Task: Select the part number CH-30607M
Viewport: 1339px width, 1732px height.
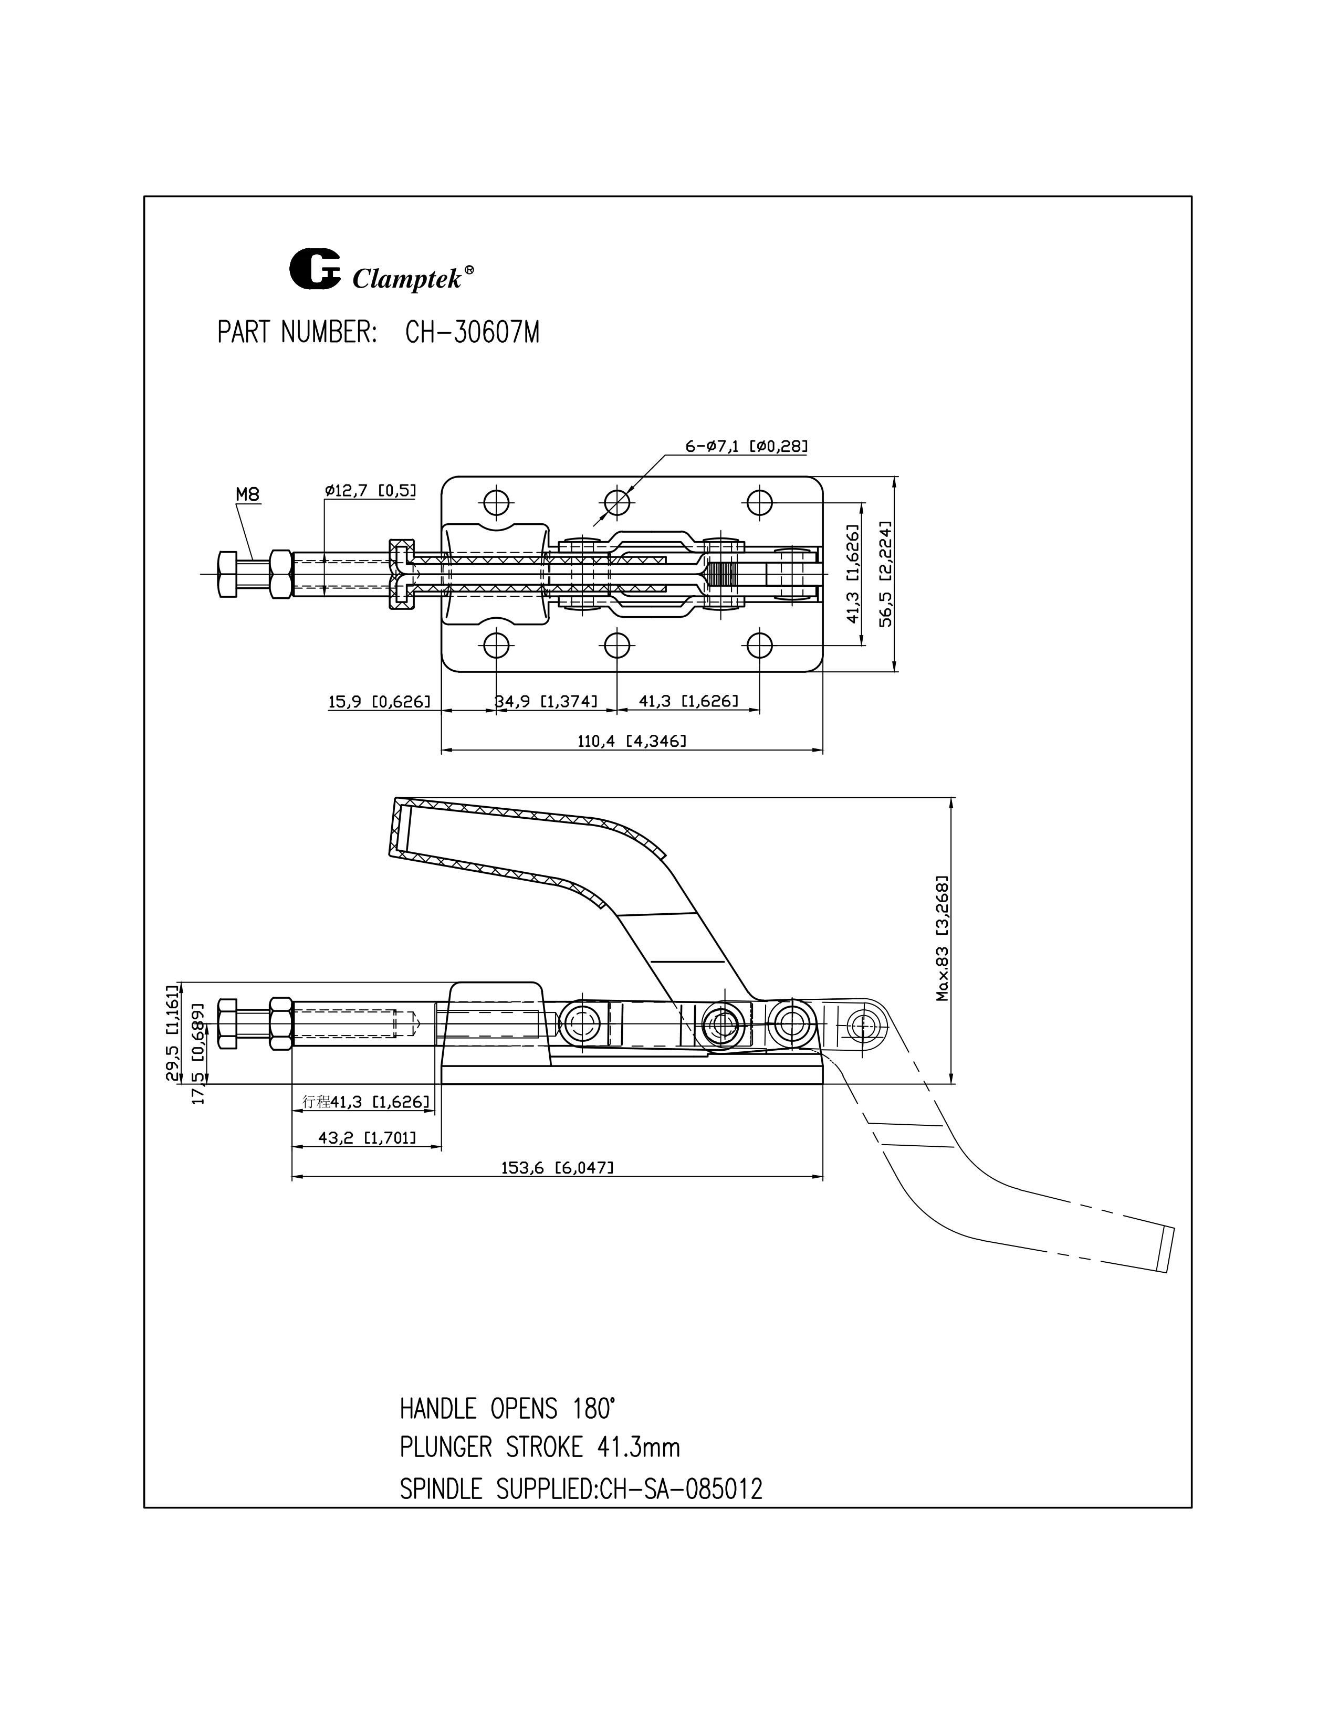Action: [472, 333]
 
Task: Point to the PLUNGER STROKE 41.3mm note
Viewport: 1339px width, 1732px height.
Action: [539, 1448]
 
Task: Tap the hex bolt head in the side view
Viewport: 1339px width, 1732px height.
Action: [226, 1025]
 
